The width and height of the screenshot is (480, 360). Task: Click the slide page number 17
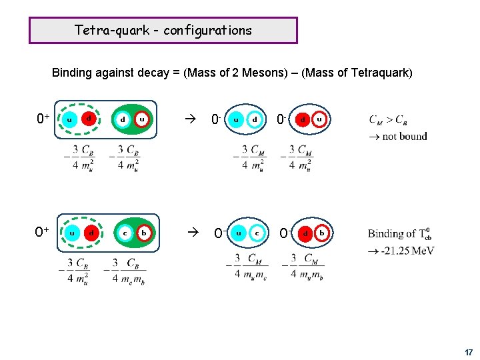click(x=469, y=351)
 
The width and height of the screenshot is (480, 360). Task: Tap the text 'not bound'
click(x=404, y=136)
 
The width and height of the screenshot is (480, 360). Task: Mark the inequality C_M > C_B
click(x=388, y=120)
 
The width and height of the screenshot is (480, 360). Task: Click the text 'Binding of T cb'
click(x=400, y=234)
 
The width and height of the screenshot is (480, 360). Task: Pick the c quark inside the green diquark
click(x=125, y=233)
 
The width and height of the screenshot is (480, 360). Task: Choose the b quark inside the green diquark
click(x=143, y=233)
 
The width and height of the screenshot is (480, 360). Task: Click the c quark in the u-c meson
click(x=257, y=233)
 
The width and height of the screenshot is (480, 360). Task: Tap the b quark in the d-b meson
click(x=322, y=233)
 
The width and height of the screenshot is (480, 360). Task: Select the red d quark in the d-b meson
click(x=304, y=233)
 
